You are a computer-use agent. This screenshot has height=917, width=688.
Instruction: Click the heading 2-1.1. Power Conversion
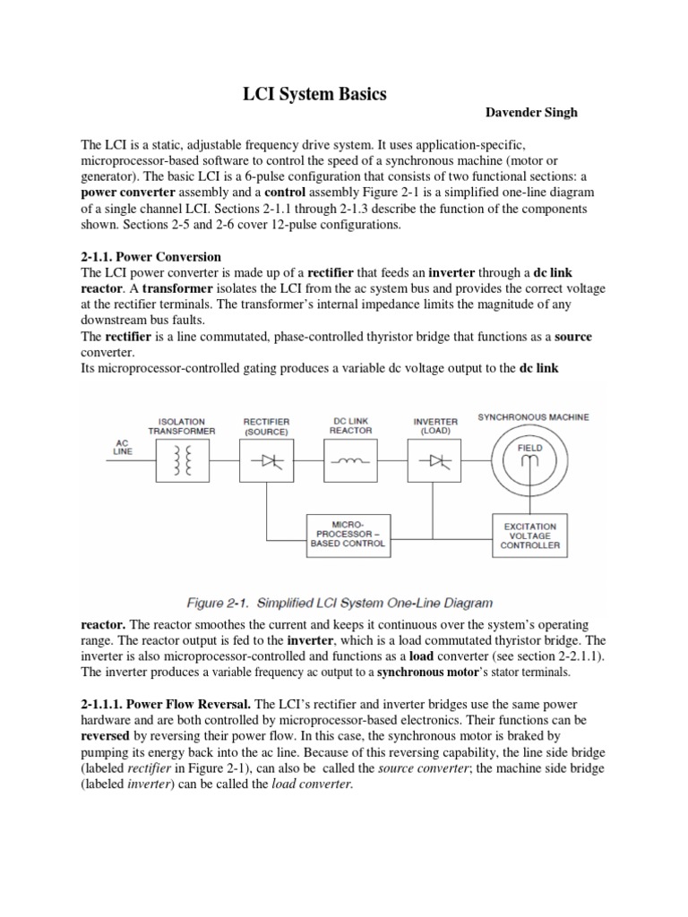point(150,256)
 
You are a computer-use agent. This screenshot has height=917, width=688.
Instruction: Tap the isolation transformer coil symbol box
point(182,460)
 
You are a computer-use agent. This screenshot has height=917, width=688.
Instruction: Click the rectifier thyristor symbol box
point(266,460)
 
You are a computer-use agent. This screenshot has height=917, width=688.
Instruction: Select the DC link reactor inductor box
point(350,460)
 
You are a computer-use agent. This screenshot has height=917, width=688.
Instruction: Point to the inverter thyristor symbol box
point(435,460)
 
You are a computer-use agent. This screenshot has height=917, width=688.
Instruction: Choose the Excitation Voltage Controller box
point(529,535)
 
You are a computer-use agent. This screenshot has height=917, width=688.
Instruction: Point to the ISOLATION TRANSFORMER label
point(182,426)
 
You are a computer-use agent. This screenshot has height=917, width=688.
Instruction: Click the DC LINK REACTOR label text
point(350,426)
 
